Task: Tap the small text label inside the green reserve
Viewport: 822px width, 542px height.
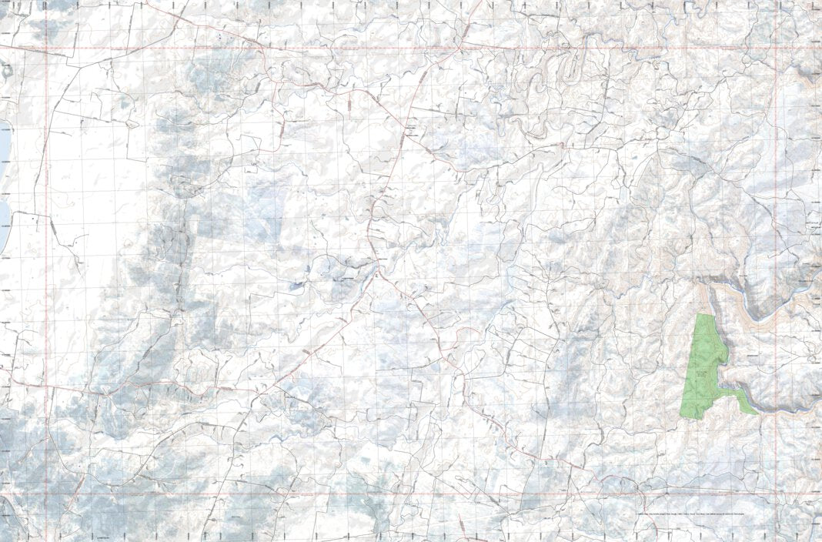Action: (x=702, y=373)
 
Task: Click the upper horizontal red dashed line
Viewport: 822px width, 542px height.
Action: (x=385, y=50)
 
